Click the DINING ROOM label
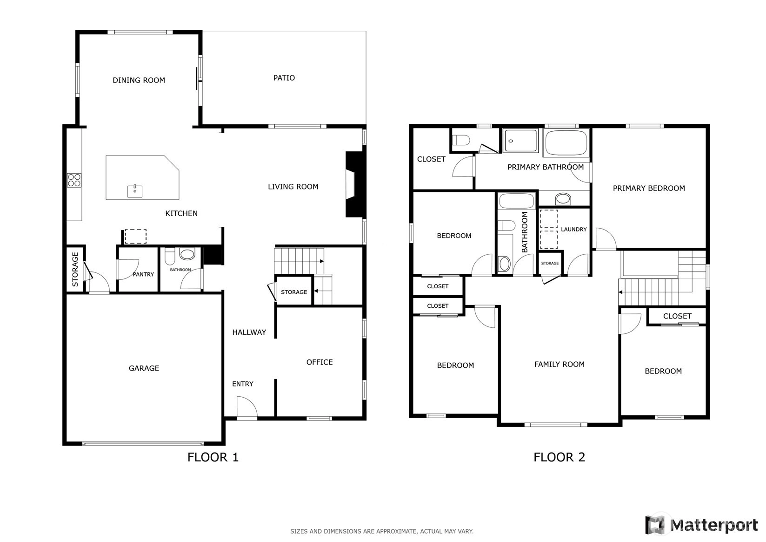coord(139,80)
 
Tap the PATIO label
coord(284,78)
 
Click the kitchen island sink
coord(135,191)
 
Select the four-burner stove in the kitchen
coord(74,180)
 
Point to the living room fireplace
coord(356,184)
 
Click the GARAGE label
coord(144,368)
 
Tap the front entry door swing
coord(246,408)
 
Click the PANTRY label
coord(143,274)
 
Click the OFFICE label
coord(320,362)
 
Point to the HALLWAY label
coord(249,332)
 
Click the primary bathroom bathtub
coord(566,142)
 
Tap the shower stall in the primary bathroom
coord(520,140)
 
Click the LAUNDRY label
coord(574,230)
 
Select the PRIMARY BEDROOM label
coord(649,188)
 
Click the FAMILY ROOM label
coord(560,364)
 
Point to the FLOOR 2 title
coord(560,457)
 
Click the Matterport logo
coord(702,525)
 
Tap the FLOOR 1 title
coord(213,457)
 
